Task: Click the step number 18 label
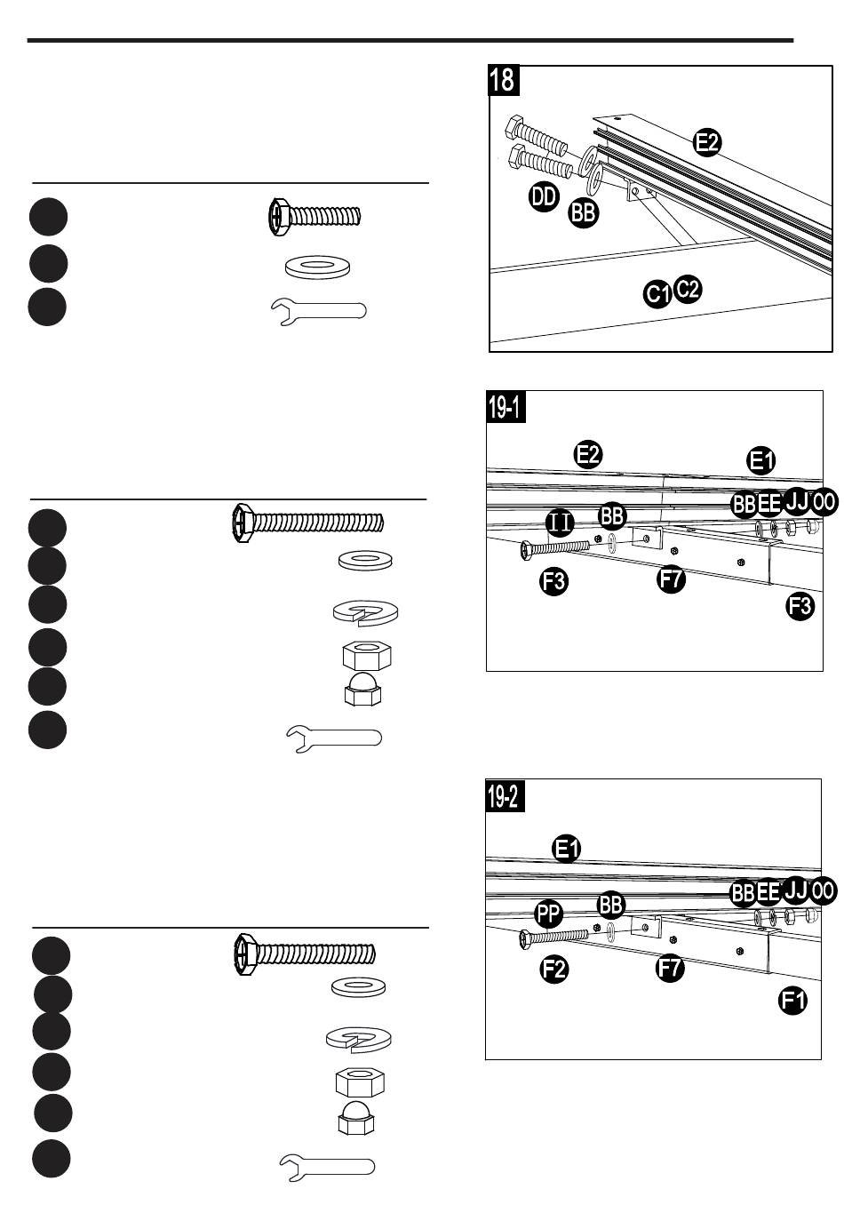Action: point(503,80)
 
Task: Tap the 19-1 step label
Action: point(506,407)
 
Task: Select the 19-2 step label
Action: point(505,795)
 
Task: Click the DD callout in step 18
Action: point(544,196)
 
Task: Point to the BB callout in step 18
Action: point(584,212)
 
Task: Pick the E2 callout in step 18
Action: point(707,142)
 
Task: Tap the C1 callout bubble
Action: point(657,294)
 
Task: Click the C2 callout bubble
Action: point(688,289)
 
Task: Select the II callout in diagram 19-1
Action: point(560,523)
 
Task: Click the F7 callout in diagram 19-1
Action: point(671,579)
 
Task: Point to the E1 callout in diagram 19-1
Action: point(760,461)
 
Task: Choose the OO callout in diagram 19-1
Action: point(824,501)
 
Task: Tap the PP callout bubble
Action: point(548,914)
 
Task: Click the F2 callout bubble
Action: point(554,970)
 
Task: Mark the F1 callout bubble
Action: point(792,1001)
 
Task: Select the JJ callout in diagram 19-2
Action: point(795,890)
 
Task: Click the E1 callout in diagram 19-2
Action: point(567,850)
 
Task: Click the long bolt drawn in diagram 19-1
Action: point(555,548)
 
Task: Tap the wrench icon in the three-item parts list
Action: point(319,311)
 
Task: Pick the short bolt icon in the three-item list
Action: point(315,217)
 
